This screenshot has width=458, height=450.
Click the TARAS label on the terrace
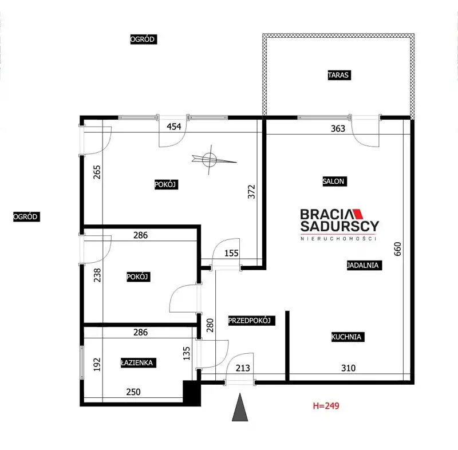coord(339,75)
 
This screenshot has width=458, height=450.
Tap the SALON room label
coord(334,181)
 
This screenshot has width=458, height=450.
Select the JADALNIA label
coord(364,265)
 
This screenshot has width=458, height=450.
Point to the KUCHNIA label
coord(348,337)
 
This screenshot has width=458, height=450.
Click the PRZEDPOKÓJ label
coord(251,321)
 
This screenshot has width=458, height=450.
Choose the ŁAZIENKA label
coord(138,362)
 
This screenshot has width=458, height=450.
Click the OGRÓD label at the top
coord(144,39)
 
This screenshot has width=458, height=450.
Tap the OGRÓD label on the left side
coord(26,216)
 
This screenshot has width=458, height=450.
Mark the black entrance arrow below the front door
coord(240,407)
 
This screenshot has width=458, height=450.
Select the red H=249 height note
coord(326,406)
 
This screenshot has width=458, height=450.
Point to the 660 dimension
coord(398,249)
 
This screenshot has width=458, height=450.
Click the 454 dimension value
coord(174,127)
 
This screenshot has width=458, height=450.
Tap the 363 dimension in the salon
coord(338,128)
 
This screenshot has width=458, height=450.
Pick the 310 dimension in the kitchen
coord(349,368)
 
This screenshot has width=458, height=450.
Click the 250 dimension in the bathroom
coord(133,392)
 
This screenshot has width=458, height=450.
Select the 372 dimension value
coord(251,192)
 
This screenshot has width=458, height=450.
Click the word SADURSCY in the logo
coord(339,226)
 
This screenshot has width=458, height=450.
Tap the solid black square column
coord(192,393)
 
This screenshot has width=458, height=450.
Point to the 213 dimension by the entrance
coord(243,368)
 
